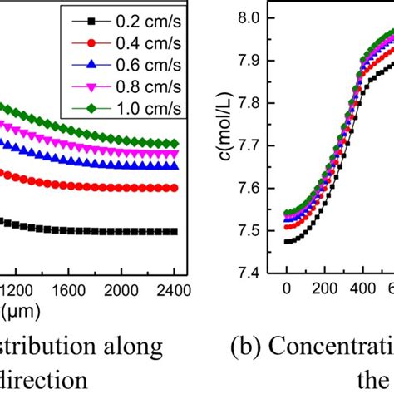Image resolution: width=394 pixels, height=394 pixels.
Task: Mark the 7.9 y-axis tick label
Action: click(253, 61)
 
